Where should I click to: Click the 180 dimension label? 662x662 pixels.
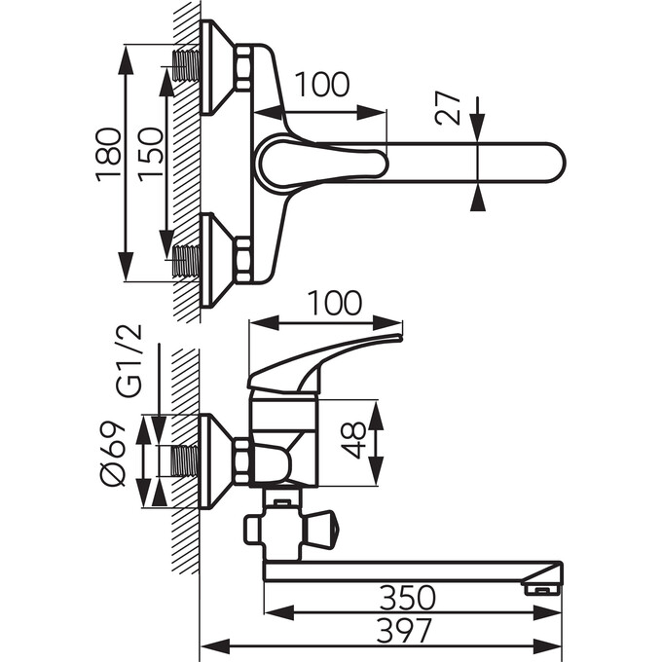tap(109, 155)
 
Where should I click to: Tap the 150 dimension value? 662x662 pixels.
tap(151, 155)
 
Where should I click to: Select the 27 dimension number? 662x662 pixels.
tap(448, 109)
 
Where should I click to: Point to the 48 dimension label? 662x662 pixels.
tap(353, 440)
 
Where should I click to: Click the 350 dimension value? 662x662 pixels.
tap(407, 598)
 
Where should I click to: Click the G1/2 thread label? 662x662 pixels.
tap(129, 361)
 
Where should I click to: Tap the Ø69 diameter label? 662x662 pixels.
tap(113, 454)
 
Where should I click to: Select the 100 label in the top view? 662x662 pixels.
tap(321, 84)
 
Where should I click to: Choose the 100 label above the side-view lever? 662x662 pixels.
tap(334, 303)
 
